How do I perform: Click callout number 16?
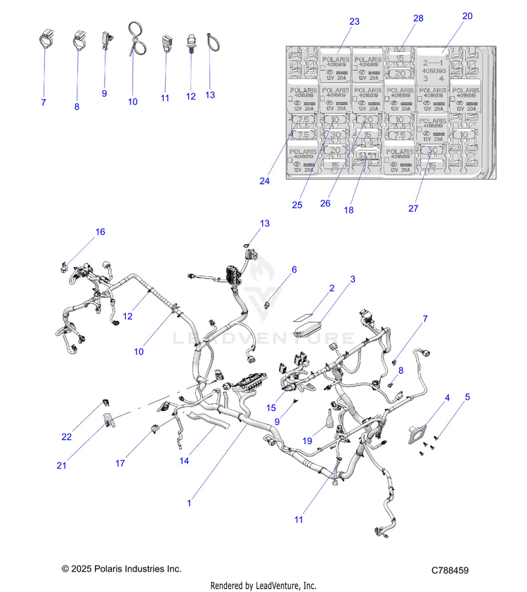coord(100,232)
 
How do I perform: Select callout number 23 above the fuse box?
coord(354,22)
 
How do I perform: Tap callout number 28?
coord(418,18)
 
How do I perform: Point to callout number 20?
coord(468,15)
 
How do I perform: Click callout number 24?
coord(264,181)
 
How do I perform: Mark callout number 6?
coord(294,269)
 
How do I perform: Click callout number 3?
coord(353,278)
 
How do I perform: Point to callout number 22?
coord(67,437)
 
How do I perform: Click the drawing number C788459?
coord(450,572)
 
